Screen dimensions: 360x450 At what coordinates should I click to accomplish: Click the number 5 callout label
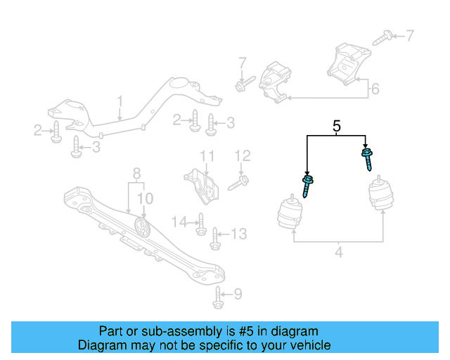click(x=336, y=127)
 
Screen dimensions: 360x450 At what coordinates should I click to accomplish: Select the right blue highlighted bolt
click(x=366, y=158)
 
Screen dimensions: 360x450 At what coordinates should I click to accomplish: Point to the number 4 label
click(x=340, y=250)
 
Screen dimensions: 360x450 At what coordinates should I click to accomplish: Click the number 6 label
click(x=375, y=89)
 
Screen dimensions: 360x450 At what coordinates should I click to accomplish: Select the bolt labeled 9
click(x=218, y=298)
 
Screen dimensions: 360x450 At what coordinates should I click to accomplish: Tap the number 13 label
click(x=239, y=233)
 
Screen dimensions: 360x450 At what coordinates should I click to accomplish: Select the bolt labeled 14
click(x=200, y=224)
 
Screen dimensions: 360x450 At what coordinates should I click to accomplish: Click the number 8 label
click(x=137, y=172)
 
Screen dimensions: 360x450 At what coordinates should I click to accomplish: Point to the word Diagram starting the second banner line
click(x=101, y=345)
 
